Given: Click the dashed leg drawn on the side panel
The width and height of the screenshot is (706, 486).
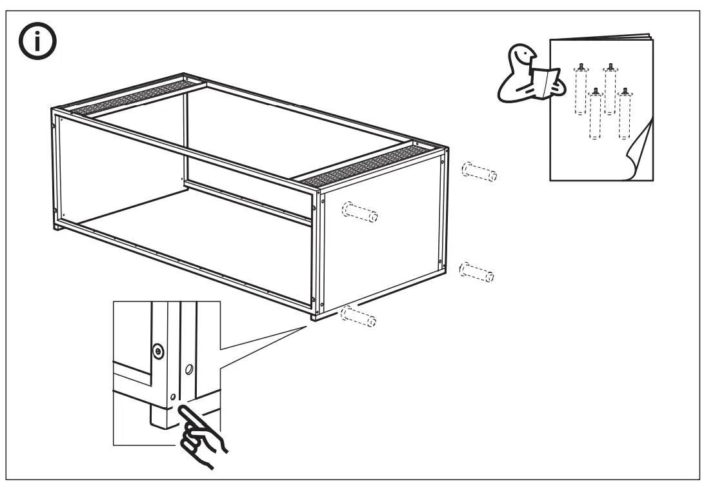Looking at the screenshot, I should point(359,212).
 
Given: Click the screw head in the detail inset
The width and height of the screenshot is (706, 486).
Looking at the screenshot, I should point(158,352).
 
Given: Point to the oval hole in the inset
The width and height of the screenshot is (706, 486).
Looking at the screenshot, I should point(188,370).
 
